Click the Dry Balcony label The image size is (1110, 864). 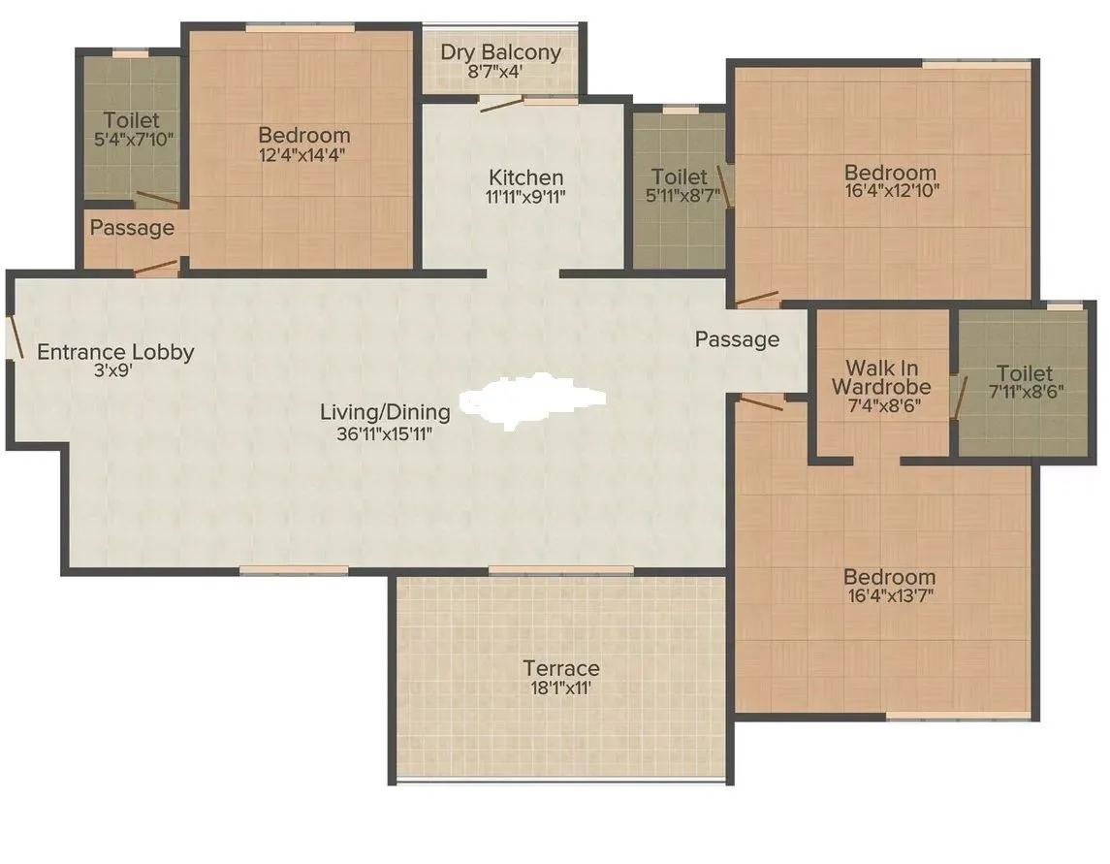[500, 51]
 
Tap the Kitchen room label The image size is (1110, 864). [525, 177]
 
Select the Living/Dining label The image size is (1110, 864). [385, 412]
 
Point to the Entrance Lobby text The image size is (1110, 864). [115, 352]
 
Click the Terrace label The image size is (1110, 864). [561, 668]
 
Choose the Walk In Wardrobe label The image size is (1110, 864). [881, 377]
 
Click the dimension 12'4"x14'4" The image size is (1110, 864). [304, 154]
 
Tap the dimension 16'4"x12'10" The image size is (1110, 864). [891, 191]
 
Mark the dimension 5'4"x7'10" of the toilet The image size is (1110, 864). [132, 139]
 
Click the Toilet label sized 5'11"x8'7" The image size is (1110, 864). [680, 176]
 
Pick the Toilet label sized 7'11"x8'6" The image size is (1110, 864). [1025, 373]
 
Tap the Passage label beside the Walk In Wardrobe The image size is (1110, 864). [737, 339]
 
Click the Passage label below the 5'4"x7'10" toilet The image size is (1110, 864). [132, 228]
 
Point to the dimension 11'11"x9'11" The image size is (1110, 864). [525, 196]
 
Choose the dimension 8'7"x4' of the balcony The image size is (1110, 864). [495, 71]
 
